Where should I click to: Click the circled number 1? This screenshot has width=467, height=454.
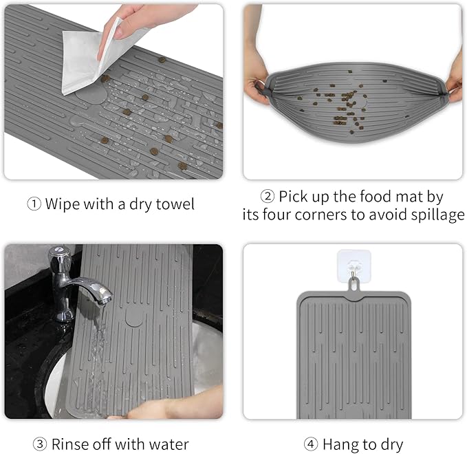pos(34,204)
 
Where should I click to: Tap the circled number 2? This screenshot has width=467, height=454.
pos(267,197)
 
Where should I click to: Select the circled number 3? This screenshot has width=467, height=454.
pos(40,444)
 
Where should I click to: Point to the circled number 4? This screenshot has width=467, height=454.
pos(311,444)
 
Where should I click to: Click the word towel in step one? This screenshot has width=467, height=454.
pos(175,204)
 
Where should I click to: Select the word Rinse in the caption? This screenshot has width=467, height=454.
pos(70,444)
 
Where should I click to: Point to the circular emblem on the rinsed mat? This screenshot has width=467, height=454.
pos(134,317)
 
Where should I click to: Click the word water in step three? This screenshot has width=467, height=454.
pos(169,444)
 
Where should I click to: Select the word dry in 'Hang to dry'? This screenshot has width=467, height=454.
pos(392,445)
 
